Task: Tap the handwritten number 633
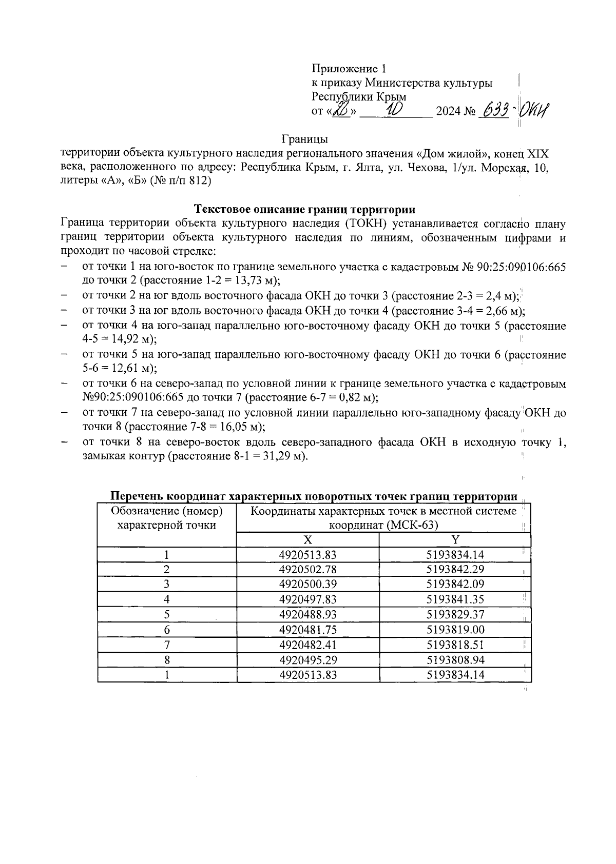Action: point(493,110)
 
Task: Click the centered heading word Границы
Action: point(305,139)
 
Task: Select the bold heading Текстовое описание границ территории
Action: point(305,209)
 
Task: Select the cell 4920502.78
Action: point(307,570)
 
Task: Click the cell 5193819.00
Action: point(455,630)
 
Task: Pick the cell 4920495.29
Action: point(307,660)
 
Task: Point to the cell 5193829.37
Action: point(455,615)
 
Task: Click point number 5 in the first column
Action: point(167,615)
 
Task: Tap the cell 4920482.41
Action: point(307,645)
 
